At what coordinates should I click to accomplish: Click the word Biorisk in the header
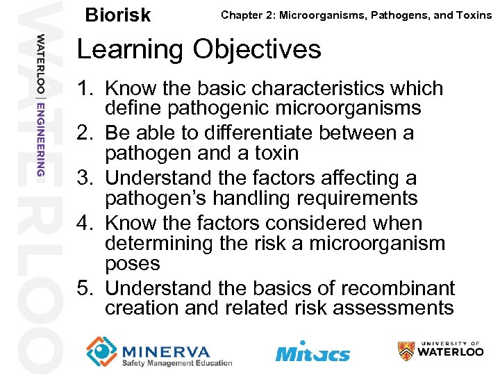117,15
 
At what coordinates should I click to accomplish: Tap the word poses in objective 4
132,264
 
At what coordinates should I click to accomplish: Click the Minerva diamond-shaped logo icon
101,351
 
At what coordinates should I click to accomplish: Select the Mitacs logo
312,352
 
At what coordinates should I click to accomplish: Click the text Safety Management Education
176,362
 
